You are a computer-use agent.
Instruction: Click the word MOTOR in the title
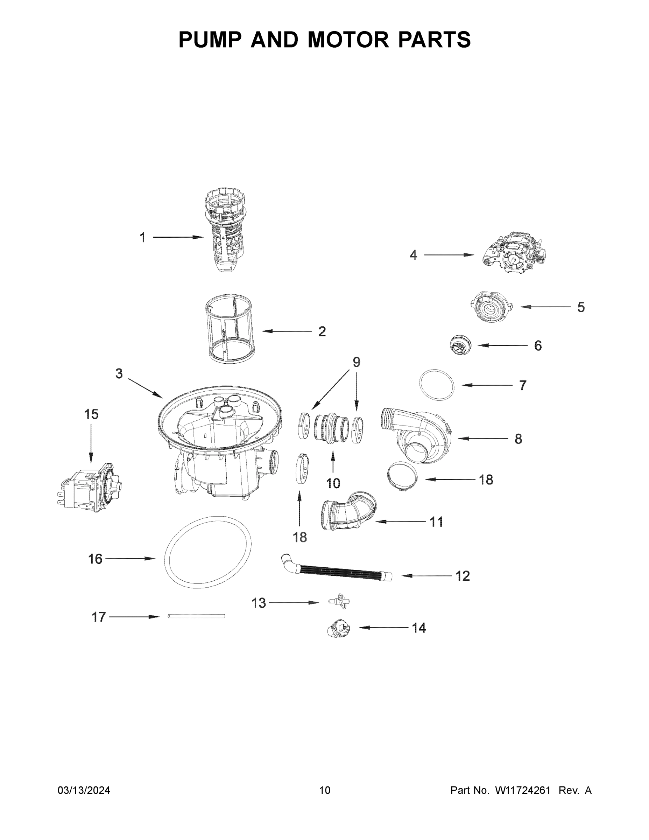348,40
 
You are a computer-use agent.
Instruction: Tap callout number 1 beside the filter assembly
143,238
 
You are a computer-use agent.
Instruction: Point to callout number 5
581,307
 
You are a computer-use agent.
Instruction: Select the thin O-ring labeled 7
436,385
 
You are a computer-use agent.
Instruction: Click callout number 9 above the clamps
357,362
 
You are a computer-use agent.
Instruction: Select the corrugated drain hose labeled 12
338,571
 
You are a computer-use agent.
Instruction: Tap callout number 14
419,628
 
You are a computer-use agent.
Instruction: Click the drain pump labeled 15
91,486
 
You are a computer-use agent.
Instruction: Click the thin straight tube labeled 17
196,616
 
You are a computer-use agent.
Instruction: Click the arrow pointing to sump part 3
145,388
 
